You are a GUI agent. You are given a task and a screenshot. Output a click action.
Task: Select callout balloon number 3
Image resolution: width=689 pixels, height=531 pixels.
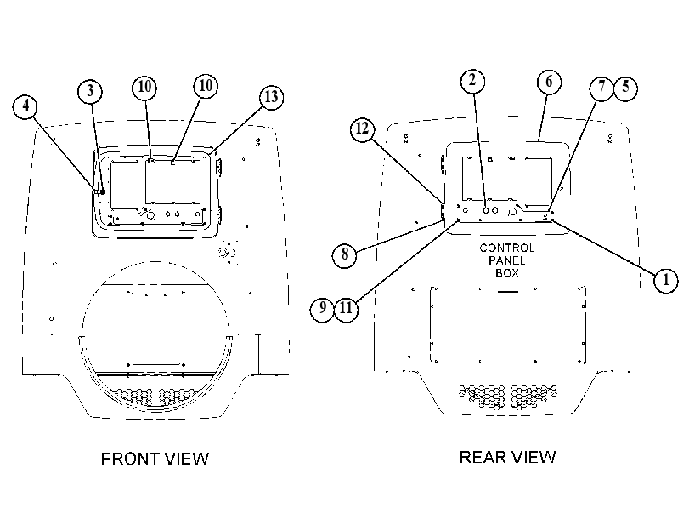(90, 91)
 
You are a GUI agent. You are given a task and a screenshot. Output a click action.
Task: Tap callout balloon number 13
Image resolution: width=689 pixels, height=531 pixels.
(271, 97)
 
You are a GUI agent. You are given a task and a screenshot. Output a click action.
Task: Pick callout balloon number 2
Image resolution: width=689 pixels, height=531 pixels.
(473, 81)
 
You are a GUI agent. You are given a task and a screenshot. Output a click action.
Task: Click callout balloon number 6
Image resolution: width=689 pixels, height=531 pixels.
(550, 82)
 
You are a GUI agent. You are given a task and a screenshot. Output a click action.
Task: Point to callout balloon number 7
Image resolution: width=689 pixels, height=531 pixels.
(601, 88)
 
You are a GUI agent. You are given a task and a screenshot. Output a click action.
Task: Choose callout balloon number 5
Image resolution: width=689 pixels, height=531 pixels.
(625, 88)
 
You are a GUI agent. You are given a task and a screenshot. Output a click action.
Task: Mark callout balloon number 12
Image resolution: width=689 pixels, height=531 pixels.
(363, 129)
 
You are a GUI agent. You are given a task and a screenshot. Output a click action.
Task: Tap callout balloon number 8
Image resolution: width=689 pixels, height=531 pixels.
(345, 254)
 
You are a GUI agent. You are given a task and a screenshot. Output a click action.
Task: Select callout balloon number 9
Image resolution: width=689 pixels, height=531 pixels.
(323, 309)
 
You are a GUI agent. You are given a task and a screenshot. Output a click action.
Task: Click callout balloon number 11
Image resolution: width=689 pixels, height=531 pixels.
(347, 309)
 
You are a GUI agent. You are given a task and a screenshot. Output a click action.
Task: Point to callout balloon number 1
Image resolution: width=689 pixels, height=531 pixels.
(666, 280)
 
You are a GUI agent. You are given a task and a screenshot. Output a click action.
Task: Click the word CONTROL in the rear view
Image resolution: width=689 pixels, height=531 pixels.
(506, 248)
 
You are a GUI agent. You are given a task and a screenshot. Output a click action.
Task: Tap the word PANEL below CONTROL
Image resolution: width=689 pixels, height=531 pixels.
(506, 260)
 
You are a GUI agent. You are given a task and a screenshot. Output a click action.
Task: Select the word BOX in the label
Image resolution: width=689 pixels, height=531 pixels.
(507, 273)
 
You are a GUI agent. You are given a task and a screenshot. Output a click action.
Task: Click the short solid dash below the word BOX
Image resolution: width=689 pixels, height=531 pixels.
(508, 292)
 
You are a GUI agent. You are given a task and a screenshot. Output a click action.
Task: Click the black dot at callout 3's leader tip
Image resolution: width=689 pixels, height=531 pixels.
(103, 192)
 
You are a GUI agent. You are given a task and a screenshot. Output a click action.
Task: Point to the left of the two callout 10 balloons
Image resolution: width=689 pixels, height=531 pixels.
(144, 87)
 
